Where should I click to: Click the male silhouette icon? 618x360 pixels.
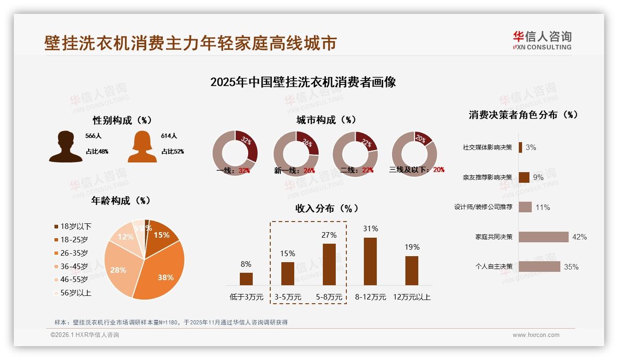(65, 146)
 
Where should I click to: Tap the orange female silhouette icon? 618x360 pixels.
(142, 146)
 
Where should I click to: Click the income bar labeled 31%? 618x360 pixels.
(370, 261)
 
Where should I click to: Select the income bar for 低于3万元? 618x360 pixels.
(246, 279)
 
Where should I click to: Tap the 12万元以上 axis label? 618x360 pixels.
(411, 297)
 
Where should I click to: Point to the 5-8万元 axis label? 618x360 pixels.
(329, 297)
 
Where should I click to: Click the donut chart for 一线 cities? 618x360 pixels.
(235, 153)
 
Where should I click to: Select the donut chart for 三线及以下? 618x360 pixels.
(414, 153)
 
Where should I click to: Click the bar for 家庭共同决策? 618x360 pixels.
(543, 237)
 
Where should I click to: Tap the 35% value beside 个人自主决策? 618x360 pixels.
(571, 267)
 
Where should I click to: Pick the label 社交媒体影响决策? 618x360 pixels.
(487, 147)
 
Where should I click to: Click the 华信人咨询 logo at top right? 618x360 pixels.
(542, 40)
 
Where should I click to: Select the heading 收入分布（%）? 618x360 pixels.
(327, 208)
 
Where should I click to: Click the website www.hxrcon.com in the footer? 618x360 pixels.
(536, 335)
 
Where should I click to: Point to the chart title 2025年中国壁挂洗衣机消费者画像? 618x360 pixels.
(303, 82)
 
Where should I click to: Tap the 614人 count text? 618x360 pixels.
(169, 136)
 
